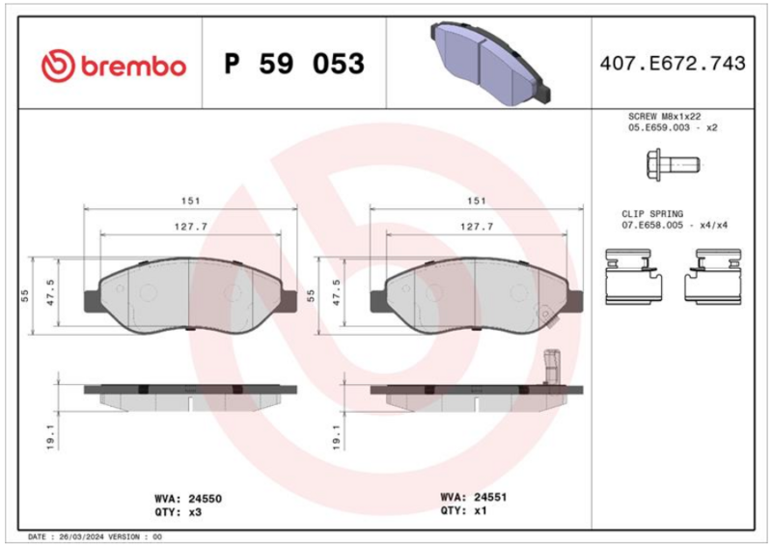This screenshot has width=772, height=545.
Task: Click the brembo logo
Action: click(114, 65)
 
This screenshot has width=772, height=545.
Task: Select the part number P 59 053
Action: click(294, 64)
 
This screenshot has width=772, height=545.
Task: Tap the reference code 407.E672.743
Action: click(673, 64)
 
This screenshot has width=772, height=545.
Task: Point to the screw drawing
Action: click(673, 164)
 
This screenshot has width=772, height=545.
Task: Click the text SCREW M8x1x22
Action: click(664, 116)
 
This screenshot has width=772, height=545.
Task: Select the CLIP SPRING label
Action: click(652, 214)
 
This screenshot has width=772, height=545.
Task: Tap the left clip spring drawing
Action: click(633, 277)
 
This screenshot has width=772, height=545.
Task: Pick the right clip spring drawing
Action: click(713, 277)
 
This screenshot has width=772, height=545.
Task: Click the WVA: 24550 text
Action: click(188, 499)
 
